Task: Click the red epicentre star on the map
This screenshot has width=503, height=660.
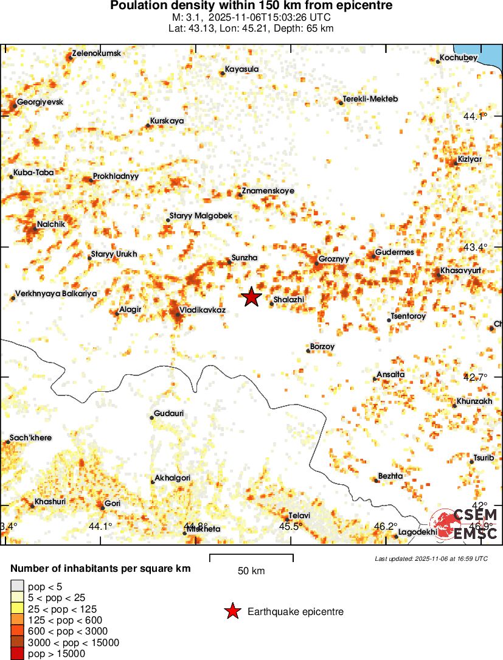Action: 251,297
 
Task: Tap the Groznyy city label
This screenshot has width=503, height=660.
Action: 335,259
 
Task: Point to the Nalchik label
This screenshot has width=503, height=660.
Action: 50,224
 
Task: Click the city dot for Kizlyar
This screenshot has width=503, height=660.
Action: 456,163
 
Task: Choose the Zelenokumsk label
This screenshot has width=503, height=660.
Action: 97,54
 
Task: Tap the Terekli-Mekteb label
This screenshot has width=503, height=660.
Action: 370,99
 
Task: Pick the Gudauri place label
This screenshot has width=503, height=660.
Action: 169,414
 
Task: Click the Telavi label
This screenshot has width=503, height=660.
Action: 299,516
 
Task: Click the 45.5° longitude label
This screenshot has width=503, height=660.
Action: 290,526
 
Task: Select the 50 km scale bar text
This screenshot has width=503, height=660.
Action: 251,571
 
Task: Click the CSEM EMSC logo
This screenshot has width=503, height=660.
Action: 465,525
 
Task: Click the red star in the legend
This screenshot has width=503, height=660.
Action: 232,612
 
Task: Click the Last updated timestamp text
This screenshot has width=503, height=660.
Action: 431,558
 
